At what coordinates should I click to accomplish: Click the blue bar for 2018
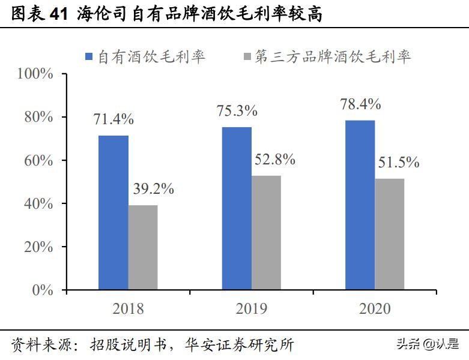click(113, 214)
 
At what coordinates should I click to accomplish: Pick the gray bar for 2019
click(267, 233)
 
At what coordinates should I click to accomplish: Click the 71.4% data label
click(113, 119)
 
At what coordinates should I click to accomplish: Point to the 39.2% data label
click(153, 189)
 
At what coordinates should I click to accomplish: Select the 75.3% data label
click(237, 110)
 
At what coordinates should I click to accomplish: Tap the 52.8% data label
click(275, 160)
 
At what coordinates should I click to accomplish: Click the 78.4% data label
click(360, 104)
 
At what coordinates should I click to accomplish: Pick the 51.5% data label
click(399, 163)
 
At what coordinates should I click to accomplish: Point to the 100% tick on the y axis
click(36, 73)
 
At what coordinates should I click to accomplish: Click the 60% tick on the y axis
click(40, 160)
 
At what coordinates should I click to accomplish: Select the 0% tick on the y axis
click(43, 290)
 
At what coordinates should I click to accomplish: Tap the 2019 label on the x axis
click(252, 308)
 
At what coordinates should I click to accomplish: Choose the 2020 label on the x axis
click(375, 308)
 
